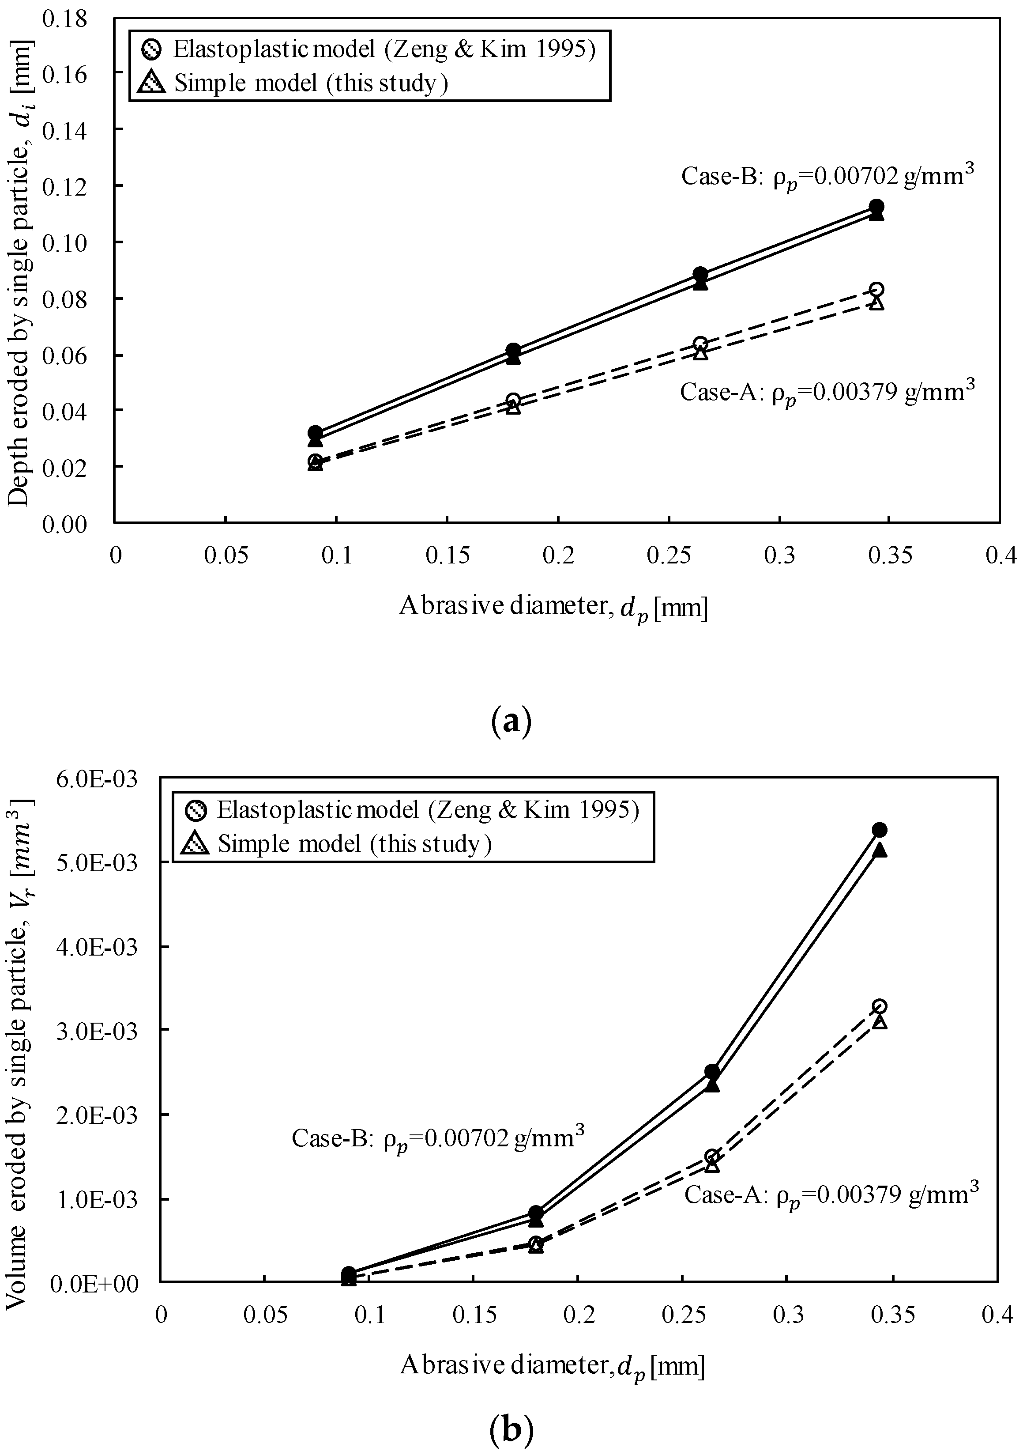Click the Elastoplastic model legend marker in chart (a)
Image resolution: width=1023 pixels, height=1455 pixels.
(x=153, y=49)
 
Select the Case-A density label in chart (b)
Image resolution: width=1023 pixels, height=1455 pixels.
(x=831, y=1195)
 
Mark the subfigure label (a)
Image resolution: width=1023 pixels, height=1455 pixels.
(x=511, y=721)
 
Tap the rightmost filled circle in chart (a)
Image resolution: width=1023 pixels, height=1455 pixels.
(x=876, y=207)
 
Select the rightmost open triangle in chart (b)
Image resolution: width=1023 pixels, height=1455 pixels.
(x=879, y=1021)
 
